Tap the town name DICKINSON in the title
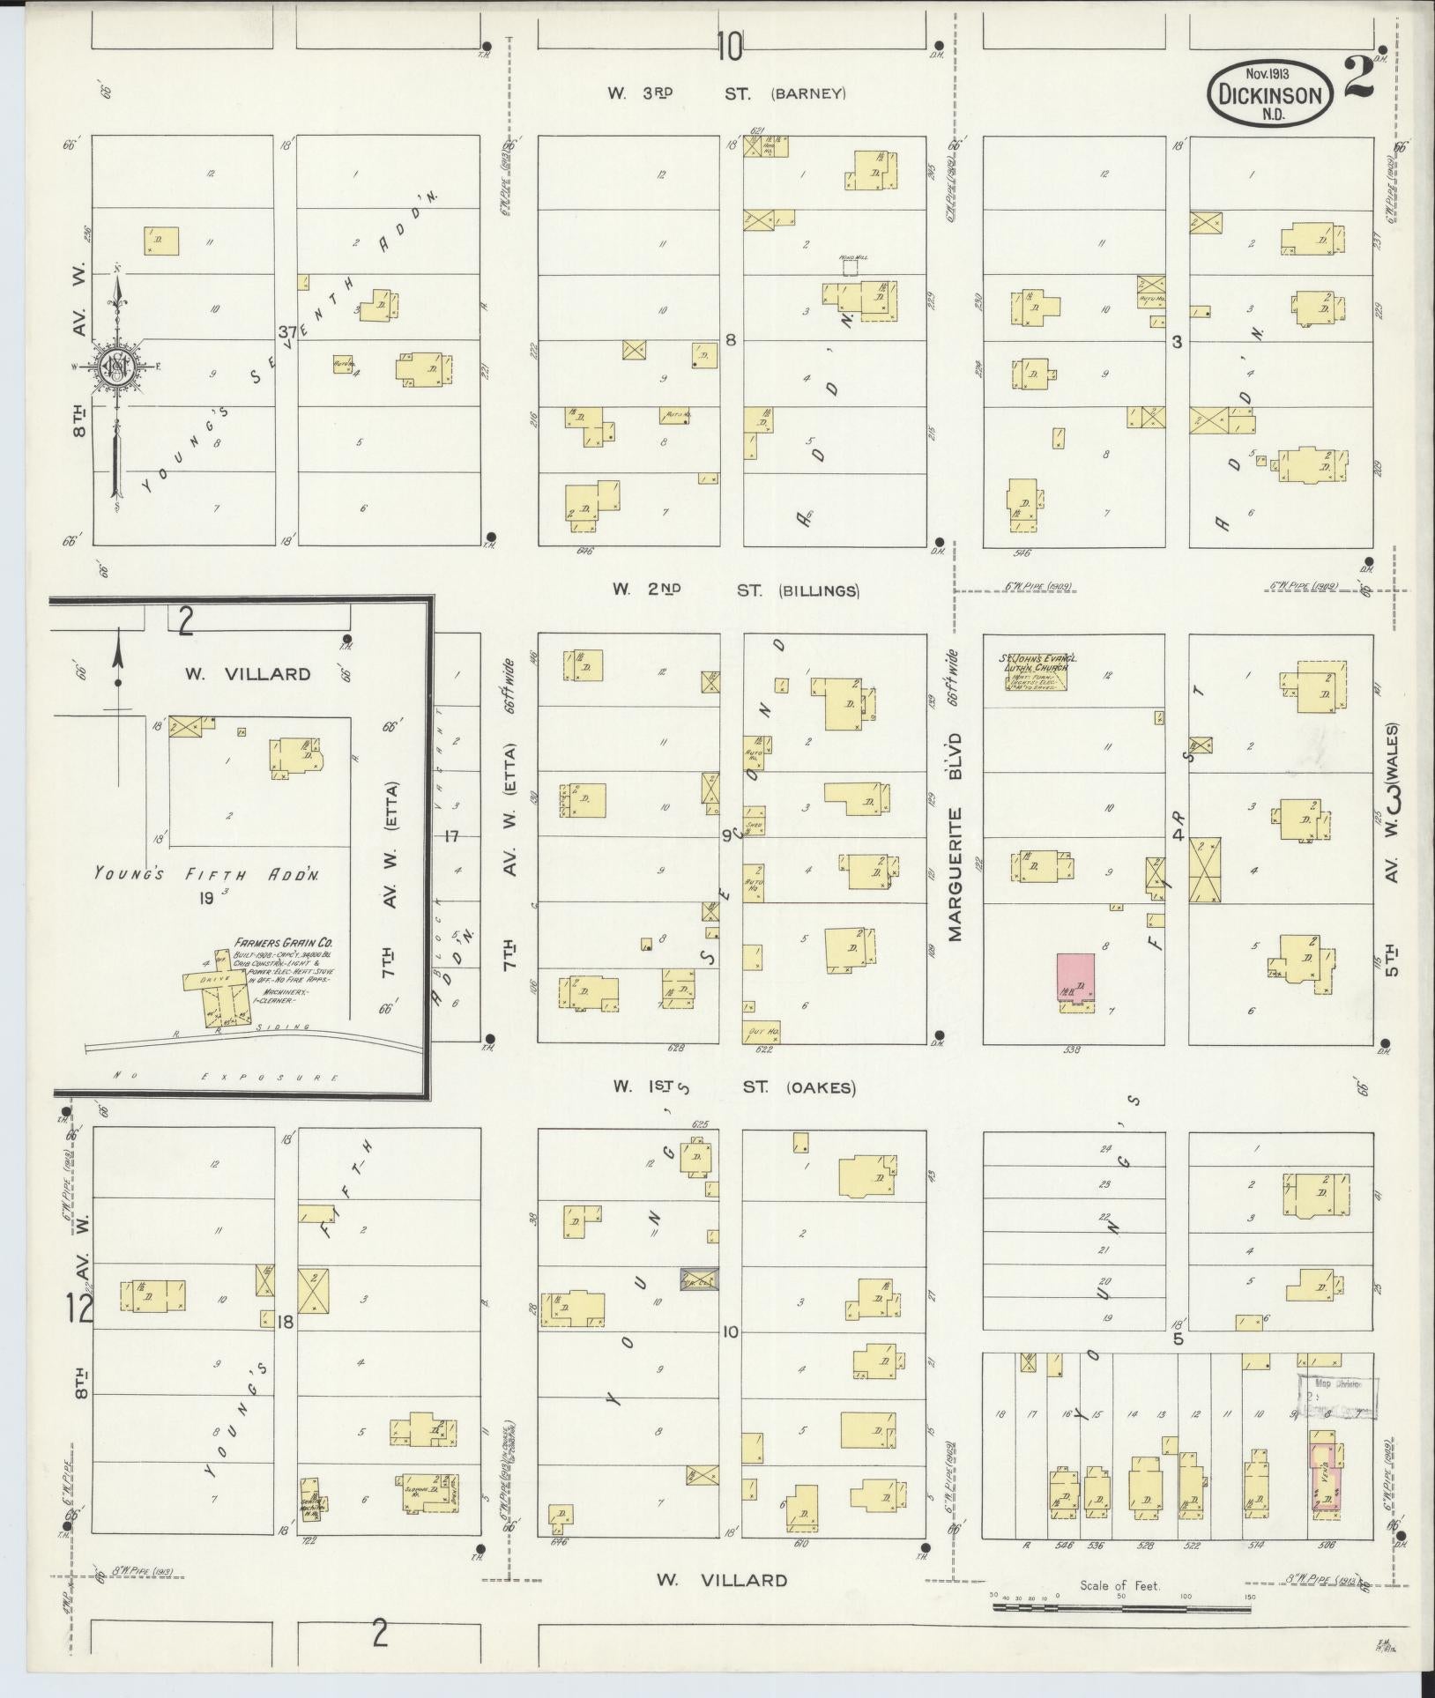(1271, 95)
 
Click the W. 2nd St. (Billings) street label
(735, 590)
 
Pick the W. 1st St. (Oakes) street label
(735, 1087)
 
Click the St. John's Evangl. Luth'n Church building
(1039, 693)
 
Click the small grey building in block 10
(699, 1279)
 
